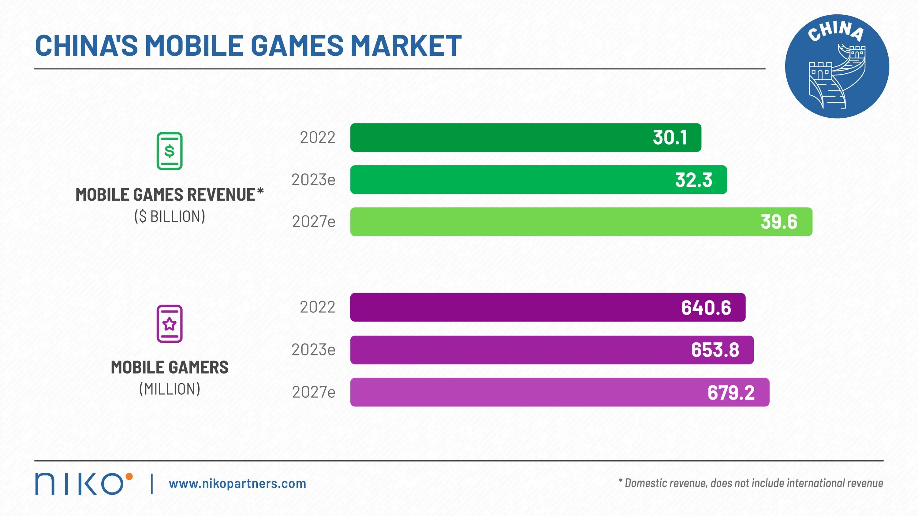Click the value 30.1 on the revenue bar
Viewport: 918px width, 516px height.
670,138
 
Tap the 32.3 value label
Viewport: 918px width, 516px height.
693,180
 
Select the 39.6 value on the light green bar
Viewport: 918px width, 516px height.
779,222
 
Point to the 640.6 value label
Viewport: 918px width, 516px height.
706,308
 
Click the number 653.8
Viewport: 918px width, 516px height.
715,350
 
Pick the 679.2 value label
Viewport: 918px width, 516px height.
731,393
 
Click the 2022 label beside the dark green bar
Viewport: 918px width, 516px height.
318,138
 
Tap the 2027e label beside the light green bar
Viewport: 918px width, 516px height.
314,222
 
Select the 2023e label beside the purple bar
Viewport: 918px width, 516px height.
314,350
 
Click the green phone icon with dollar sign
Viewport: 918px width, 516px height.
170,151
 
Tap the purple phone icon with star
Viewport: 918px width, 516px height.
170,324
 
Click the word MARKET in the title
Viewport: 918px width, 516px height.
406,46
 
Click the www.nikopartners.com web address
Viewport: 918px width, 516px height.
237,484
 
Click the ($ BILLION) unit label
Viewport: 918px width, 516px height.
170,216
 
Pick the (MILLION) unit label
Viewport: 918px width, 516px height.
170,389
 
